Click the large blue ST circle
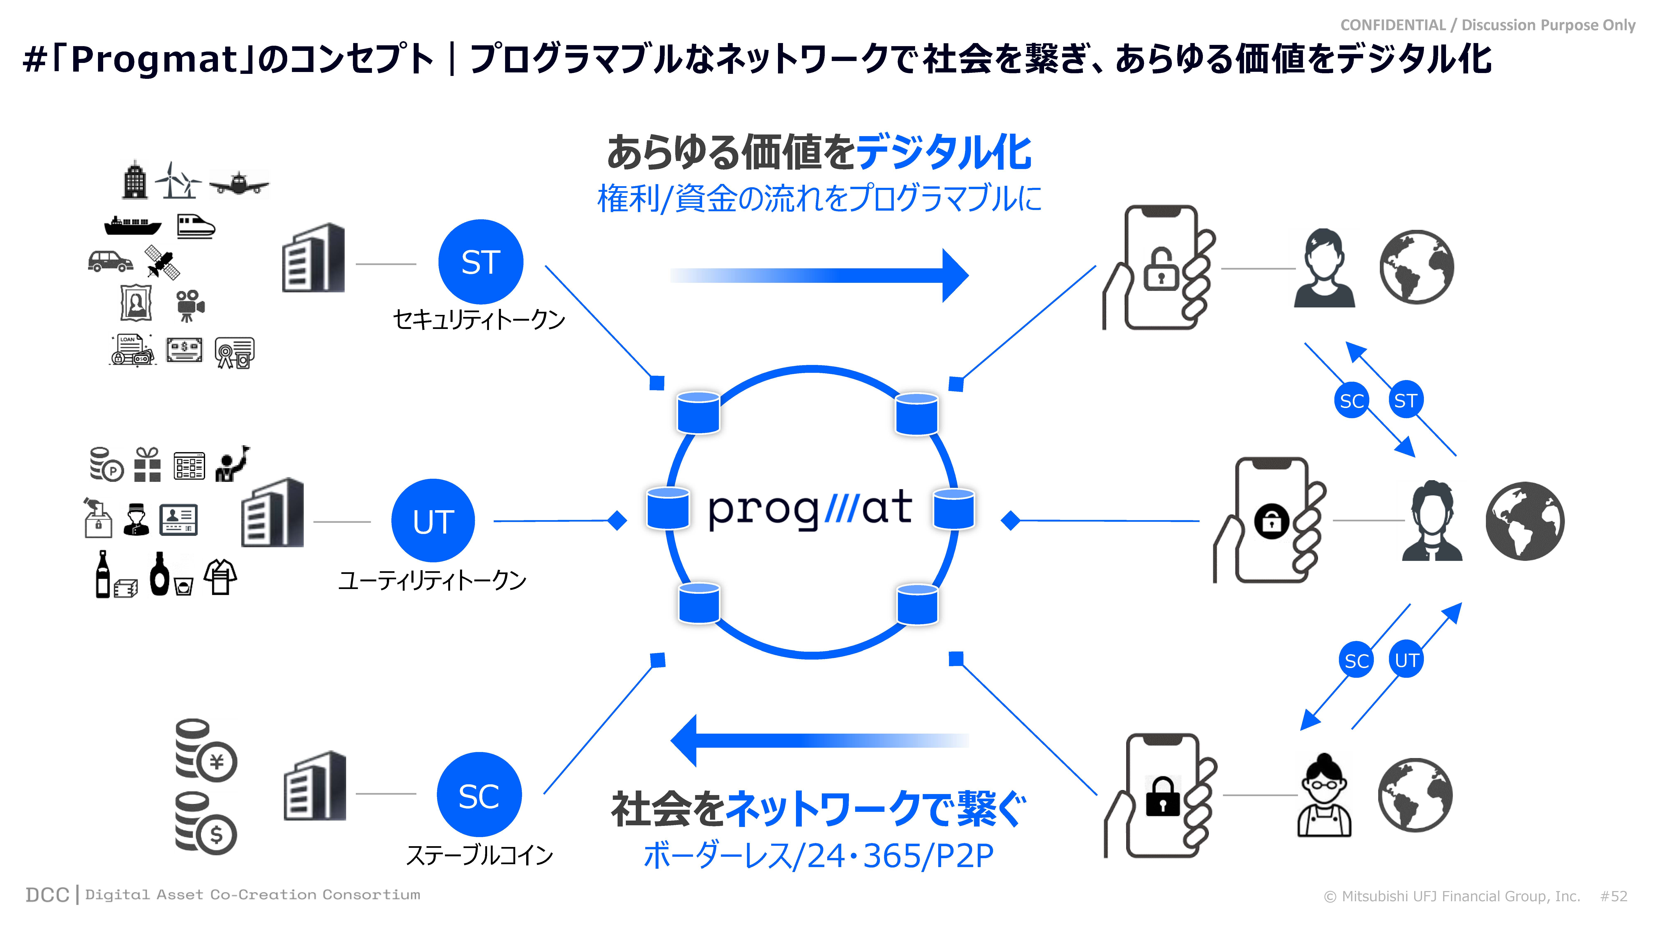[480, 262]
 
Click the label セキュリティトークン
[478, 319]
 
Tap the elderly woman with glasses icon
[1324, 795]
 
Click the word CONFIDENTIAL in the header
[1392, 25]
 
